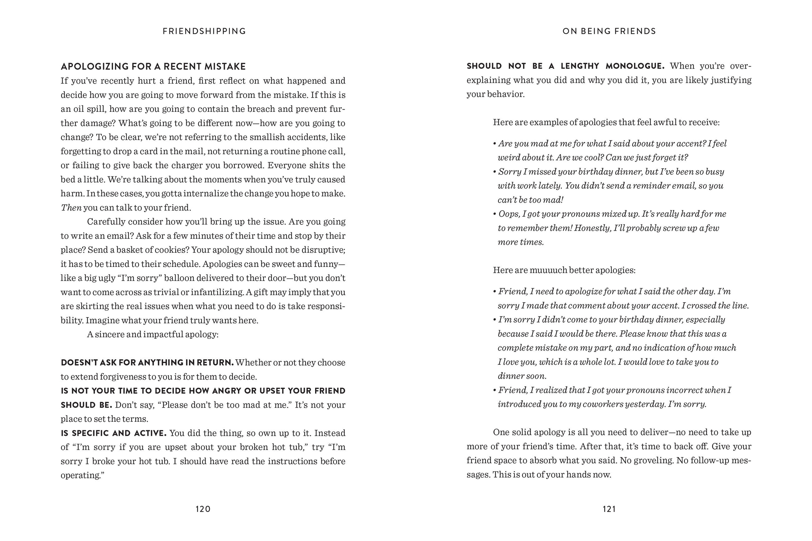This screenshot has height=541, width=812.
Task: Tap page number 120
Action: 203,509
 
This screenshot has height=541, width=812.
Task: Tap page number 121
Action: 609,509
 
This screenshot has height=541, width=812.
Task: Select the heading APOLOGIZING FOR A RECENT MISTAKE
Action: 153,66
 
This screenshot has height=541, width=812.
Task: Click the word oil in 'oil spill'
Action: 79,109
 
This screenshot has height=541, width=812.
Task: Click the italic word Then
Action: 71,208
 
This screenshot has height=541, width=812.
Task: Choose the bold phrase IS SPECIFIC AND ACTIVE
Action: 114,433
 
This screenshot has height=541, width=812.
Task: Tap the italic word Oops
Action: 509,214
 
